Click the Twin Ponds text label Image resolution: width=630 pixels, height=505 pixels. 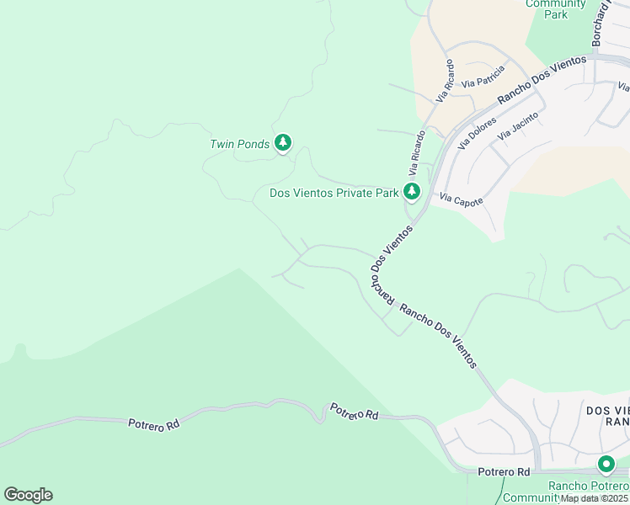tap(239, 144)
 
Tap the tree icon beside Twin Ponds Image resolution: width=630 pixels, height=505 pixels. tap(284, 143)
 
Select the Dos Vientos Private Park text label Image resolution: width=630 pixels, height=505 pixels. tap(334, 193)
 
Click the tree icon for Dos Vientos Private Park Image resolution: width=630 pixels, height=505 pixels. tap(412, 191)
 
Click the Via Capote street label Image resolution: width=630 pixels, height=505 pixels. tap(462, 200)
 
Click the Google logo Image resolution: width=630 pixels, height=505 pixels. tap(28, 495)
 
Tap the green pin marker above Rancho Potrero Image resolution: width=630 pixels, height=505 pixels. tap(606, 464)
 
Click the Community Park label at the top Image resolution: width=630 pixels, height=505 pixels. tap(556, 8)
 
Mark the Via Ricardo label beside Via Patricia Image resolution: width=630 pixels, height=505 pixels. tap(446, 81)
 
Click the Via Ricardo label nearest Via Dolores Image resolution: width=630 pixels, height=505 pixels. tap(418, 151)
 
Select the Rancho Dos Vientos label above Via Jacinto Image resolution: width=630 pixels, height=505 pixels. tap(541, 80)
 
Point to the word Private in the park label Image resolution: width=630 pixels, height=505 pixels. tap(358, 193)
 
